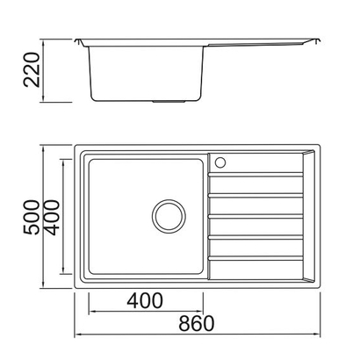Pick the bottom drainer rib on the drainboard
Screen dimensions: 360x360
click(x=254, y=261)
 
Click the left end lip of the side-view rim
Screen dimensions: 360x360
click(x=80, y=40)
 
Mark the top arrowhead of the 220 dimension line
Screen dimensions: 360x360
click(x=45, y=41)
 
